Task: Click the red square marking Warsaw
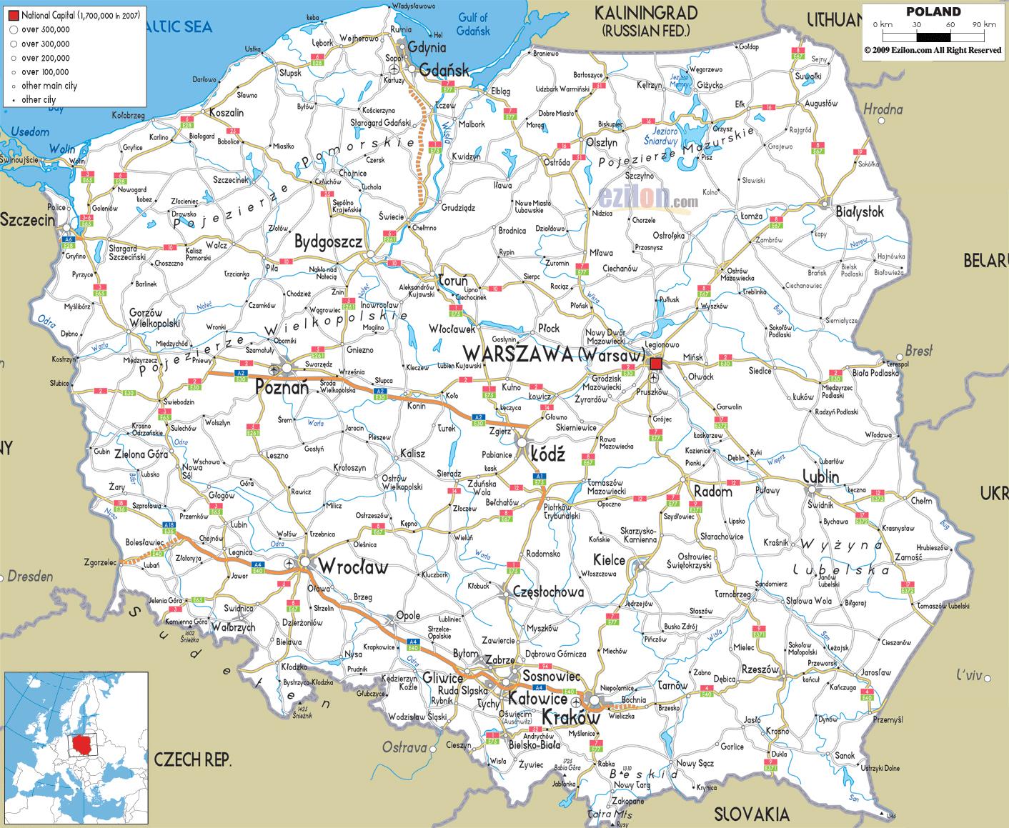point(656,364)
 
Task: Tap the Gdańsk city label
point(444,70)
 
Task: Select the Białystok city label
point(860,212)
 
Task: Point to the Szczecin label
point(27,220)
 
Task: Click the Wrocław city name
point(353,567)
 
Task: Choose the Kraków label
point(570,717)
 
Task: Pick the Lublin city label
point(820,477)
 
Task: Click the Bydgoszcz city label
point(329,241)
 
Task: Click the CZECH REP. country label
point(193,759)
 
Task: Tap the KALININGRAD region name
point(645,13)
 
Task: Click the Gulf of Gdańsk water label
point(472,24)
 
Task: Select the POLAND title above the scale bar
point(933,11)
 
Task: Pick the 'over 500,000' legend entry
point(45,30)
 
